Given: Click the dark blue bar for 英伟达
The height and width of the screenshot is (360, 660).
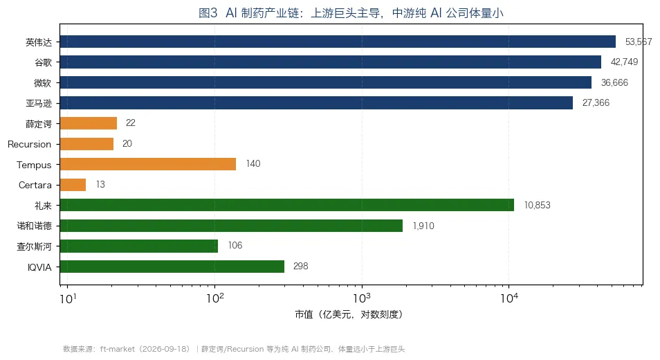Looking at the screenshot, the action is coord(338,42).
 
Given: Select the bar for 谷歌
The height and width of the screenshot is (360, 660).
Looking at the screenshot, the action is coord(331,62).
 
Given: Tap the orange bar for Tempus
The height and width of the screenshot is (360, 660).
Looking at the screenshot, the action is coord(148,164).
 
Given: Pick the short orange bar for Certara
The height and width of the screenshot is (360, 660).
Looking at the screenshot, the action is coord(73,185).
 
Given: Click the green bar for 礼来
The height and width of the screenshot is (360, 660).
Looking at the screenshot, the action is coord(287,205).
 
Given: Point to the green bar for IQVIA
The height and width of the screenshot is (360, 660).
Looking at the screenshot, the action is coord(172,267).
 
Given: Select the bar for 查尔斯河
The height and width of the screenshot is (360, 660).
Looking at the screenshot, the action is coord(139,246).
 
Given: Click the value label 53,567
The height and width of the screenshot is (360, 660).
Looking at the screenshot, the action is coord(639,42).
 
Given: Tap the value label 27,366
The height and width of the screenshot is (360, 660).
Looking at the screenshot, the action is coord(596,102).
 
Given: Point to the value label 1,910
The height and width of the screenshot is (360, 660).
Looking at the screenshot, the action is coord(423,226).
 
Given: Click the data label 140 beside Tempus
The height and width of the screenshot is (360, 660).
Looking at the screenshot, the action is coord(253,164).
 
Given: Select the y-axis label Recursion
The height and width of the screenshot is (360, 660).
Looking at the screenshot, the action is coord(30,144).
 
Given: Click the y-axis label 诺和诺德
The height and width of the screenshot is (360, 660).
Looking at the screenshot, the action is coord(35,226).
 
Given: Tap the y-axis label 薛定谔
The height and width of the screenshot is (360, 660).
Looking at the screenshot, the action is coord(39,124).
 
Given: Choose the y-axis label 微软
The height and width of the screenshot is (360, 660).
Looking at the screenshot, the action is coord(43,83).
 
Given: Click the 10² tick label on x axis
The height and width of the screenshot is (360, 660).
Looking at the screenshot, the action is coord(215,298).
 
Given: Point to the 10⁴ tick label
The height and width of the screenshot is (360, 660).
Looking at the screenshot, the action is coord(509,298).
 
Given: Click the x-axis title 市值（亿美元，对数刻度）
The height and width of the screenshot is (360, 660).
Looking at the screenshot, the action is coord(349,314).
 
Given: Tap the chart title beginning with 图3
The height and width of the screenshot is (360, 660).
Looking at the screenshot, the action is coord(351,13).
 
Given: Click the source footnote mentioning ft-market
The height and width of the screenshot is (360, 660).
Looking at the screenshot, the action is coord(234,349).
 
